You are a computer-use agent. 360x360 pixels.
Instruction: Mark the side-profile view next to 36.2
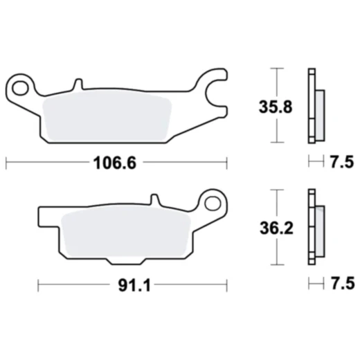314,226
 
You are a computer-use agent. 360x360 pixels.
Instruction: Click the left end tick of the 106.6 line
6,163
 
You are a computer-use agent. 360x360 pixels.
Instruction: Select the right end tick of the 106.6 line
228,163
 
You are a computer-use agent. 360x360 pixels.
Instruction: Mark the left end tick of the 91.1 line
37,285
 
